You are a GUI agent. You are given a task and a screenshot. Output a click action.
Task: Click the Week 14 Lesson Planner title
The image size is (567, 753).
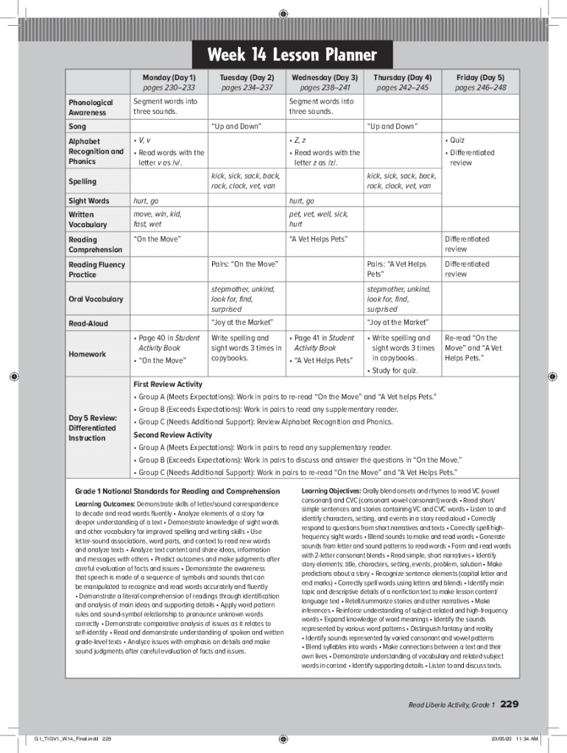click(292, 55)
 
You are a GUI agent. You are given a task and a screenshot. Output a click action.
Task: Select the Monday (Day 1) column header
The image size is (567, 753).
click(168, 77)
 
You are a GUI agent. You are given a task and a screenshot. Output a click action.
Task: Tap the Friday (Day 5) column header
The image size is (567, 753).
click(480, 77)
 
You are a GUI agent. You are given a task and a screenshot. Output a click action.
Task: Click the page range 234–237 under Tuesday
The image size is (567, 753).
click(246, 88)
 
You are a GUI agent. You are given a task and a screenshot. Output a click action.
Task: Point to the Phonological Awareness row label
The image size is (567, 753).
click(91, 107)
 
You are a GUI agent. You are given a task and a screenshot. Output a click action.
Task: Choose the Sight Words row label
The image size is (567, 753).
click(88, 201)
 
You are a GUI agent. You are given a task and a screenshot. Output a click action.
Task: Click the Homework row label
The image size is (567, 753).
click(87, 354)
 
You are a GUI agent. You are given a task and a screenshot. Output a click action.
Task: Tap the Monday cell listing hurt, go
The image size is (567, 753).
click(146, 201)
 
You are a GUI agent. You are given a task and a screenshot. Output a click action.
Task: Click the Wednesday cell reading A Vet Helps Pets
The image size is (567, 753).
click(318, 239)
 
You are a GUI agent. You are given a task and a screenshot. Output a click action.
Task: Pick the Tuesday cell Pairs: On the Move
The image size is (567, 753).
click(244, 264)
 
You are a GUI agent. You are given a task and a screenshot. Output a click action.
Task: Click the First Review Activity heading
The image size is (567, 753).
click(167, 384)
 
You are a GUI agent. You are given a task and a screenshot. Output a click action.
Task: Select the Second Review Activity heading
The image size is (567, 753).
click(172, 435)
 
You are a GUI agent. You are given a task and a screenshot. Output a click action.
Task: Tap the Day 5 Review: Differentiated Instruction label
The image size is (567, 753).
click(92, 428)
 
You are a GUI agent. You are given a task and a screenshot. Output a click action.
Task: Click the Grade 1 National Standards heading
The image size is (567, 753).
click(177, 490)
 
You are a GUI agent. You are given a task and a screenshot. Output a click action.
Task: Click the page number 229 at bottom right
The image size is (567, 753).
click(510, 704)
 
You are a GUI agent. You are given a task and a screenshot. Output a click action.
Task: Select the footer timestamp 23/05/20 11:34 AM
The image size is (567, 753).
click(515, 738)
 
